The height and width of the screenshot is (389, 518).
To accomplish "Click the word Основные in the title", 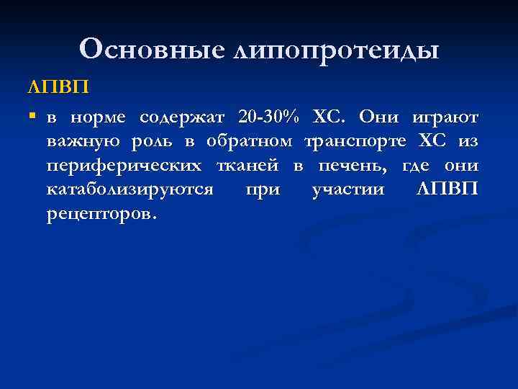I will pos(152,49).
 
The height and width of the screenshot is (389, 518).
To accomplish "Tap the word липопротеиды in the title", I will pos(336,50).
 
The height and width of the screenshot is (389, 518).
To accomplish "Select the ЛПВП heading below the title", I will pos(58,87).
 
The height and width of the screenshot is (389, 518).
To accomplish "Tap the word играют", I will pos(444,117).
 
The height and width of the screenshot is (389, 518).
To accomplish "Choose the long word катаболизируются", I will pos(129,191).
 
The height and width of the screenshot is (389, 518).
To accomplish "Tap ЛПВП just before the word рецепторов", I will pos(446,190).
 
